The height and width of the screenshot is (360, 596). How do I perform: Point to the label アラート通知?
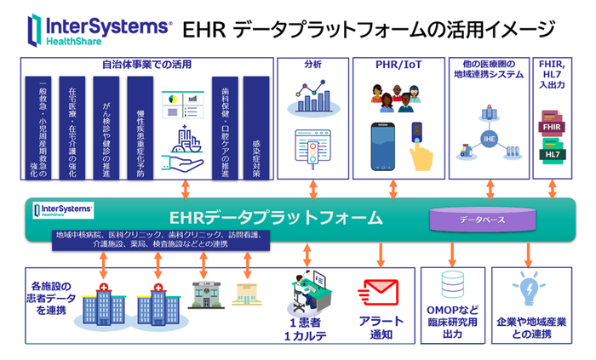[x=375, y=329]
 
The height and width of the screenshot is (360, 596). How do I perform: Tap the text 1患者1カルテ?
[x=307, y=329]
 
